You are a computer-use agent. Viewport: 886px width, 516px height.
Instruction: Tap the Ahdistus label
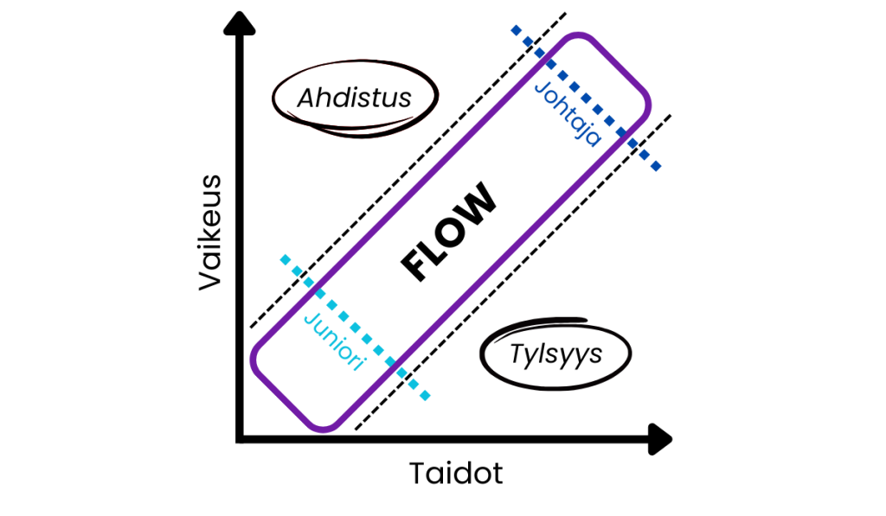click(x=354, y=98)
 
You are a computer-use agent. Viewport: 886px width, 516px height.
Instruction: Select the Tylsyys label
click(x=555, y=354)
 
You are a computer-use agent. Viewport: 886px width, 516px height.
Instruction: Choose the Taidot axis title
click(x=455, y=474)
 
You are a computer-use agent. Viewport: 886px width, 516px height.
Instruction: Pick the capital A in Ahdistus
click(x=305, y=99)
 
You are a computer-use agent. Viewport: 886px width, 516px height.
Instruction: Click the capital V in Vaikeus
click(x=210, y=278)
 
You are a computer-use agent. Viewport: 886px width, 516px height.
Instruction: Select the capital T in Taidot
click(x=417, y=474)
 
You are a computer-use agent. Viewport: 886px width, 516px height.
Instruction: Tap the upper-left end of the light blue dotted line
click(x=284, y=258)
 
